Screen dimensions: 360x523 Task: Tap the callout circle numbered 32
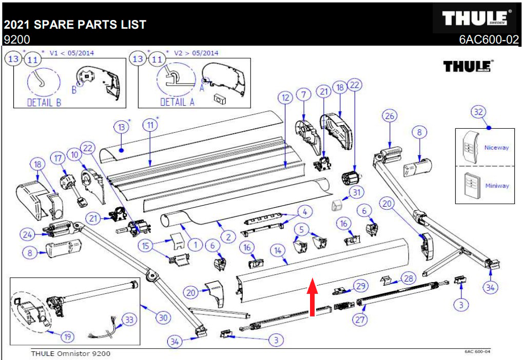(478, 112)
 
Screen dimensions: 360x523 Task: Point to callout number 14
(278, 251)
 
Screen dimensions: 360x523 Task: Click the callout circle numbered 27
(360, 319)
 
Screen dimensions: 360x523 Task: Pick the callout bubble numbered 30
(163, 318)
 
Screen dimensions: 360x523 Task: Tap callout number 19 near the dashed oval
(68, 337)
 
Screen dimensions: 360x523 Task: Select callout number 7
(304, 94)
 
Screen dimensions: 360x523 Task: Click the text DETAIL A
(178, 102)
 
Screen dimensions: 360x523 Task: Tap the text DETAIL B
(44, 102)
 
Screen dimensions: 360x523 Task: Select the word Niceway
(496, 147)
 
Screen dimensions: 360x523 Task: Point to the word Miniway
(497, 185)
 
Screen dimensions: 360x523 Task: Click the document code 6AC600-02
(489, 40)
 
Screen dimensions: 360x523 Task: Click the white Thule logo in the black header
(478, 18)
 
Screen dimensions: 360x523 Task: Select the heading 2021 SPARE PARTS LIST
(75, 24)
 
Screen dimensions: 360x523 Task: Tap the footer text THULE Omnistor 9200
(70, 353)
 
